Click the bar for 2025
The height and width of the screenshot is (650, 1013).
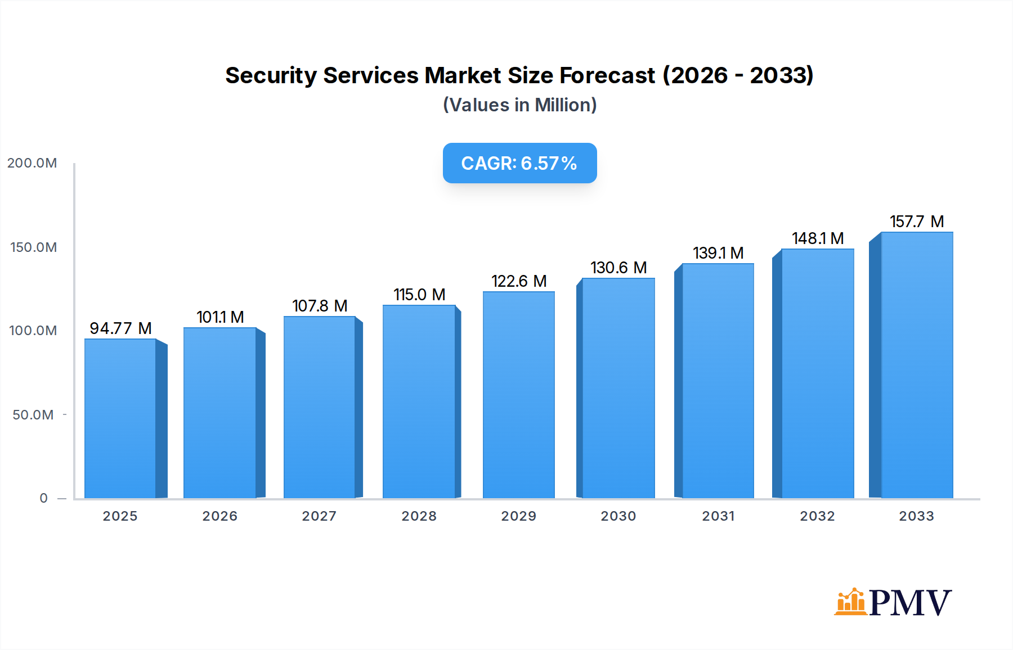[120, 419]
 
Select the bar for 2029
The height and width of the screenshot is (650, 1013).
[518, 395]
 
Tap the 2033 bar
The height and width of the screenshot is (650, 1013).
[916, 365]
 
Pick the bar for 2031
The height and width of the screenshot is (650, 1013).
[718, 381]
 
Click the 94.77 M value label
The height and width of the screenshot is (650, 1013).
[120, 328]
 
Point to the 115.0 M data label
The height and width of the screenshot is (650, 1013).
[419, 295]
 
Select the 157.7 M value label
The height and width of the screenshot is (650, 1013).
[916, 222]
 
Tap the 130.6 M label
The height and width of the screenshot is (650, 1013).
[618, 268]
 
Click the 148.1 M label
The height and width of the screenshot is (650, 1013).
[817, 238]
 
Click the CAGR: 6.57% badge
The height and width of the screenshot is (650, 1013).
[519, 163]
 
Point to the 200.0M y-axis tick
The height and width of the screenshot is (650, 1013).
[32, 163]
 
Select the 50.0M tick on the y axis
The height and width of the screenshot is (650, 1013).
[33, 415]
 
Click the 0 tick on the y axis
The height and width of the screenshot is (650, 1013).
[43, 498]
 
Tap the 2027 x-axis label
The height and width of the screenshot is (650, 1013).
[319, 516]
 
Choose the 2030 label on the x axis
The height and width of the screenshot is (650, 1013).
[618, 516]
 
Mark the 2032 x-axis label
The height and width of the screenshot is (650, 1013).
[817, 516]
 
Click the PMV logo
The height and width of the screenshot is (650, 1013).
[893, 602]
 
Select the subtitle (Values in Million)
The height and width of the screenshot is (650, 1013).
[519, 105]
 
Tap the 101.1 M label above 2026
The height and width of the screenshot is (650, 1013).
[220, 317]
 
